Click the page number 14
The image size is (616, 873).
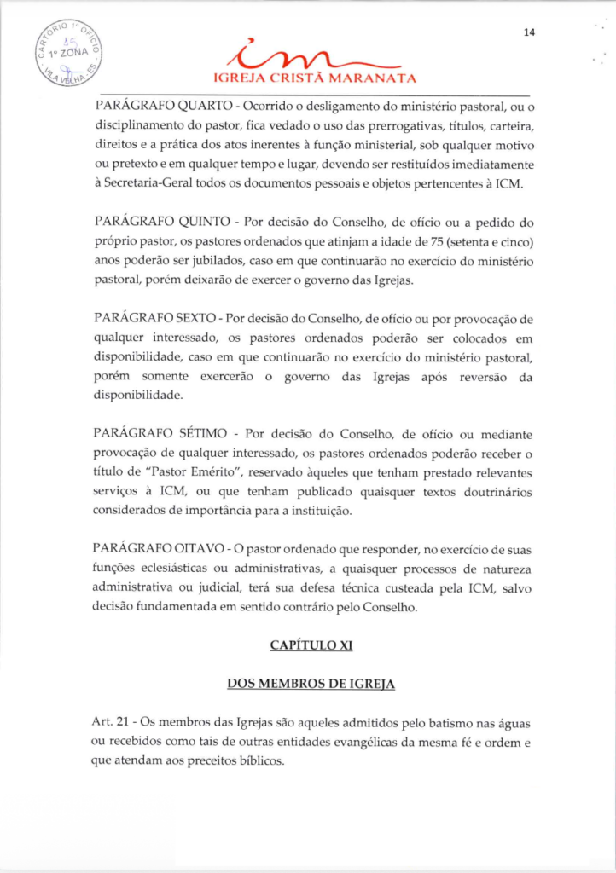pos(529,33)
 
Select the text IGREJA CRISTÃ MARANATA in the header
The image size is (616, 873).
pos(315,81)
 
